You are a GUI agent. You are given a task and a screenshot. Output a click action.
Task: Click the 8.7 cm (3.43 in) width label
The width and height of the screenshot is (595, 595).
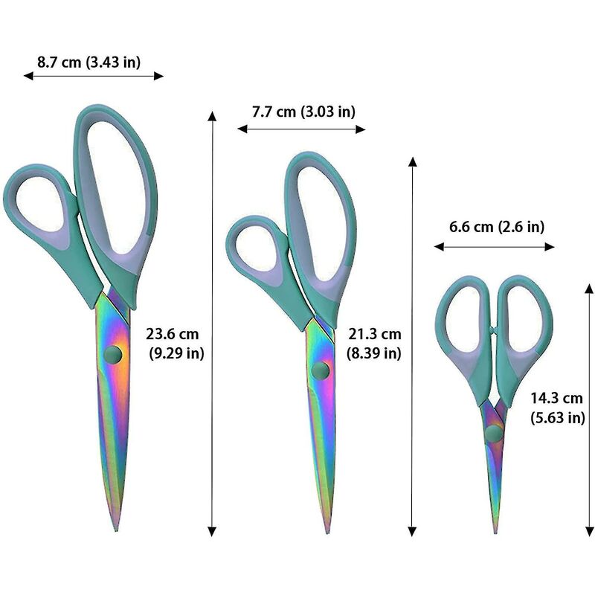pos(89,62)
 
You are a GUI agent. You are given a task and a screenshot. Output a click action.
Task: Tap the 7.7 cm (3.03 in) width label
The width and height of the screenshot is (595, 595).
pos(303,112)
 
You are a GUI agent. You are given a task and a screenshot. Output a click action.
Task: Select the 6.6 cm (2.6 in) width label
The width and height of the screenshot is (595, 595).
pos(497,227)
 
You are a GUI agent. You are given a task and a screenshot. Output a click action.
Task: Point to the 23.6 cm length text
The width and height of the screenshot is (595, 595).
pos(173,334)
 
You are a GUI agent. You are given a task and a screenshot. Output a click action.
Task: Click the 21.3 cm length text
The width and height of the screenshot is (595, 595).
pos(375,334)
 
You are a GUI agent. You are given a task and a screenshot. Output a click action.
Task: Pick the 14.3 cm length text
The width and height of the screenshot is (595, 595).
pos(556,399)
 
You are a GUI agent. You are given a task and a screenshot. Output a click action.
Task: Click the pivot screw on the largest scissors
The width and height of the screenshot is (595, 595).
pos(113,355)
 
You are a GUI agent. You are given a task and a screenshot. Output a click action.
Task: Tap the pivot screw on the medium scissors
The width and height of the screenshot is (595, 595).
pos(321,370)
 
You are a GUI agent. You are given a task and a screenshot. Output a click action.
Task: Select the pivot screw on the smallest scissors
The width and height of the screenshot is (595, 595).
pos(494,433)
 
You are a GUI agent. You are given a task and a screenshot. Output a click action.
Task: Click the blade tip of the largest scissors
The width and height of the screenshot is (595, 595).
pos(116,530)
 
